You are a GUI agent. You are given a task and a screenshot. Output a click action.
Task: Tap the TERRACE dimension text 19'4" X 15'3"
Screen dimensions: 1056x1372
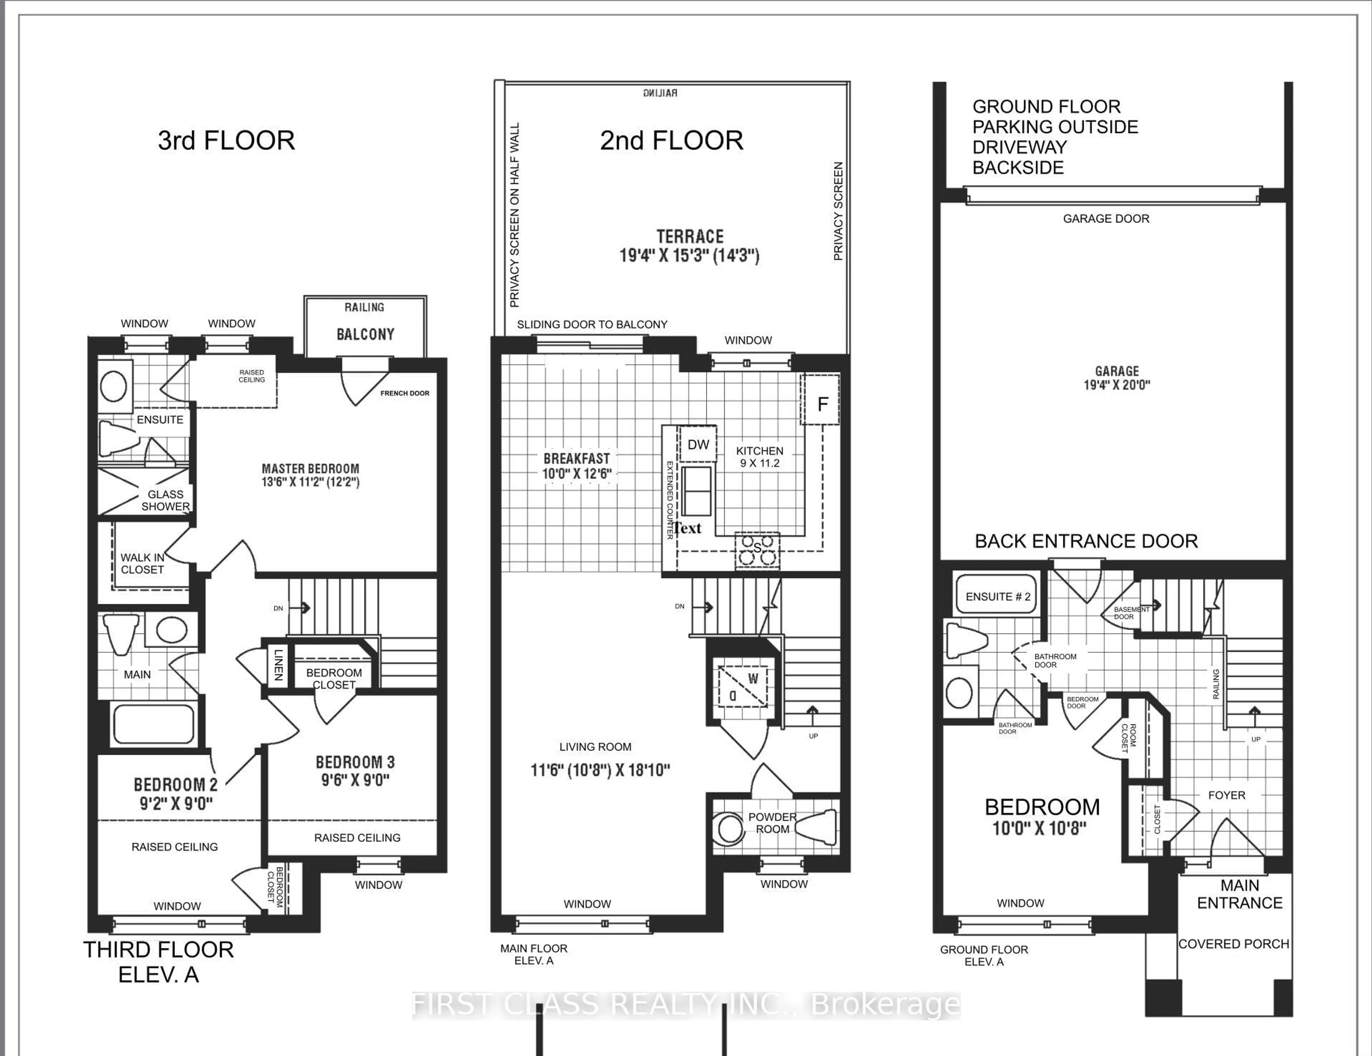point(689,256)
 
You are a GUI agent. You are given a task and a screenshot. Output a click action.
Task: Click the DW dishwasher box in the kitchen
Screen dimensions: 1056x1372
point(698,445)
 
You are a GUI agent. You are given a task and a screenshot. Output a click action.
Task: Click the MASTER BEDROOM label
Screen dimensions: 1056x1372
point(310,468)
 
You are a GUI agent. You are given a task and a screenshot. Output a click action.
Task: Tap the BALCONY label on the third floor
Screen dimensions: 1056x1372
point(365,334)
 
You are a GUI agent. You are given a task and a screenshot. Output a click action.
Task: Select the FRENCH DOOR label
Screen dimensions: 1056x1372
point(404,393)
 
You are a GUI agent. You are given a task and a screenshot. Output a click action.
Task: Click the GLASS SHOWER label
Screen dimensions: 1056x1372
point(165,500)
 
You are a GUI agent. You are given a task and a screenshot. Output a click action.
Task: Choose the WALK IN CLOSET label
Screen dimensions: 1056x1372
point(143,564)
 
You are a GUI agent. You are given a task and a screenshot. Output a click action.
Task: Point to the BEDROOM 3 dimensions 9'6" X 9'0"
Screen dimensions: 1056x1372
point(355,780)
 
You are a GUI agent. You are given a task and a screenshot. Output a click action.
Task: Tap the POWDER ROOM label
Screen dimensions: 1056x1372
point(772,823)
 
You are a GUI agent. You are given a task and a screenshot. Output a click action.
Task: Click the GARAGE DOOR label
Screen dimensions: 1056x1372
point(1106,219)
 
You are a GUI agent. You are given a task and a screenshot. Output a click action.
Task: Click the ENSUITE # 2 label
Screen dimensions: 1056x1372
point(998,597)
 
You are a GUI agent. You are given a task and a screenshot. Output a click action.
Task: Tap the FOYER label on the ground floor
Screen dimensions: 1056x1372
point(1226,795)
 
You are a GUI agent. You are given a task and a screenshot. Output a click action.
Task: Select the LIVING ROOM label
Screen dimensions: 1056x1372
point(595,747)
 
